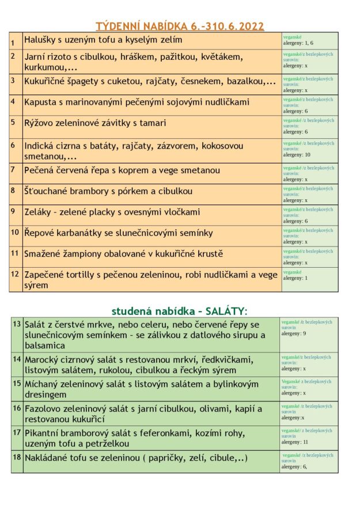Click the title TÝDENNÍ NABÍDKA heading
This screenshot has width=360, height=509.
point(180,25)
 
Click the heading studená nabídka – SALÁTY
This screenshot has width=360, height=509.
point(179,311)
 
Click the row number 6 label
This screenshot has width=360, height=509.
point(13,145)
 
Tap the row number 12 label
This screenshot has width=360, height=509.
point(15,274)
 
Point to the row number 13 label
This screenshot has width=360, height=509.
point(17,324)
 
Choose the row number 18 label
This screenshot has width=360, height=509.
point(17,457)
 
